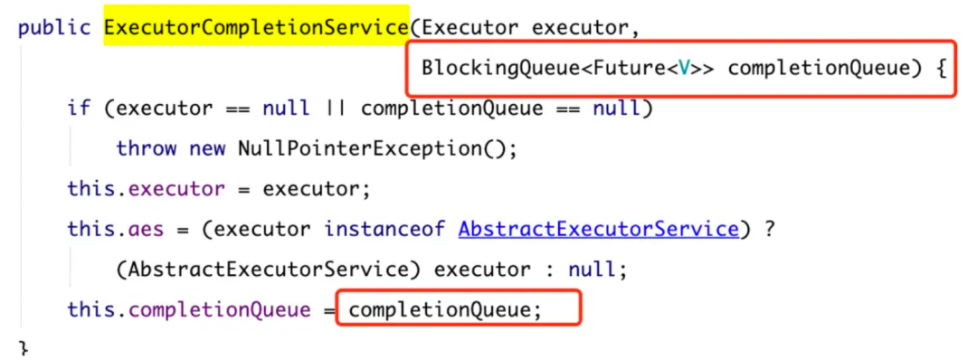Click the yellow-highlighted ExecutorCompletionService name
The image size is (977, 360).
point(257,28)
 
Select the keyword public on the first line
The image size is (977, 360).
point(55,29)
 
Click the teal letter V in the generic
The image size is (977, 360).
point(685,69)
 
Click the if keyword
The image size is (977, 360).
point(79,109)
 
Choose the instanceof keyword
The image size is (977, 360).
point(384,229)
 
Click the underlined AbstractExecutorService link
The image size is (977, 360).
point(598,229)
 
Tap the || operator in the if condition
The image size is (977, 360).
point(336,109)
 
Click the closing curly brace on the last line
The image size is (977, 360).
point(24,349)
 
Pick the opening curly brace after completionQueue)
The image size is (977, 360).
point(940,69)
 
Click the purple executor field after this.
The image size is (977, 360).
point(176,190)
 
